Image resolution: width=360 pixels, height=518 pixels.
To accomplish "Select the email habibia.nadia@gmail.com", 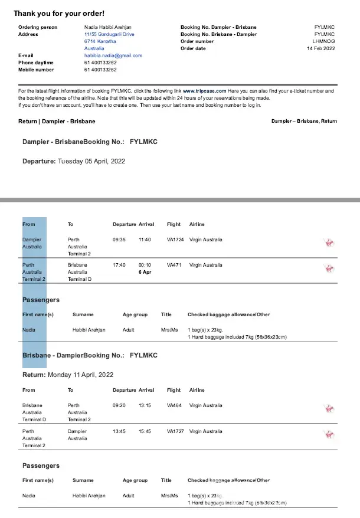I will click(x=113, y=55).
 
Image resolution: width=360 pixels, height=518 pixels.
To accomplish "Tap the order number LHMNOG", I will click(x=323, y=41).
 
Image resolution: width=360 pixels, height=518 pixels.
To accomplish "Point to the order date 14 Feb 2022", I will click(x=320, y=48).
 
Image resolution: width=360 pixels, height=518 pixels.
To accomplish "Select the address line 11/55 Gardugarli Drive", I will click(x=109, y=34).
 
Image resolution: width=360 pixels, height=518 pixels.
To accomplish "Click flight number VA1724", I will click(x=175, y=240).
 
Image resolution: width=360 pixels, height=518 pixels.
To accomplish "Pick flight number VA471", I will click(x=174, y=265).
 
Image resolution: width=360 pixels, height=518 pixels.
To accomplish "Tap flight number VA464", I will click(x=174, y=405).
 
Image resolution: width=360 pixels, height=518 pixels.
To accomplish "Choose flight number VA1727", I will click(x=175, y=431).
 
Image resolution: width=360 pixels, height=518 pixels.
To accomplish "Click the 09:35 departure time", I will click(x=119, y=240).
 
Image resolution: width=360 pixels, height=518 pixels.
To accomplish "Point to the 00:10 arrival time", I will click(x=145, y=265).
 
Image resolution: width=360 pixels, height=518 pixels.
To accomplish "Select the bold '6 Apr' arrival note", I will click(x=145, y=272).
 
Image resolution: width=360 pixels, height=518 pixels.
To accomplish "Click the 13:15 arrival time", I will click(x=145, y=405).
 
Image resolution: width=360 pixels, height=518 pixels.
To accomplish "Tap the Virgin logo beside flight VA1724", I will click(x=329, y=242).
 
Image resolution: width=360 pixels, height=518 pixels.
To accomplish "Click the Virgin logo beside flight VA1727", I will click(x=329, y=434).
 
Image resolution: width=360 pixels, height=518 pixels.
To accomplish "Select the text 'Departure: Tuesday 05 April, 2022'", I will click(x=74, y=160).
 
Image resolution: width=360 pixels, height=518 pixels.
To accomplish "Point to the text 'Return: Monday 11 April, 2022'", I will click(x=68, y=375).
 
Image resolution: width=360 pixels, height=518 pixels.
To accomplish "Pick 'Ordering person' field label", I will click(x=38, y=27).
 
